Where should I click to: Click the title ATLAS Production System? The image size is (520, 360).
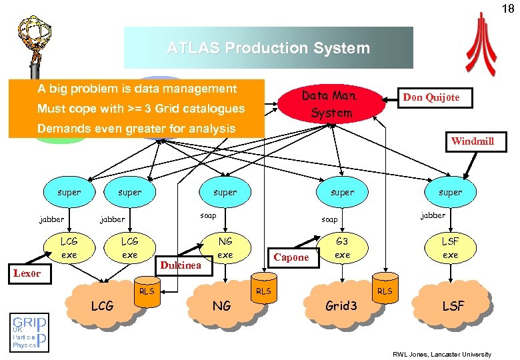point(268,48)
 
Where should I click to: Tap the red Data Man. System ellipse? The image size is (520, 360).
point(331,104)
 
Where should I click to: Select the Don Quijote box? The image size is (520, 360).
point(430,97)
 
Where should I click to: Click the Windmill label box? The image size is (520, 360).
point(472,141)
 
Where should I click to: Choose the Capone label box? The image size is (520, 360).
point(291,257)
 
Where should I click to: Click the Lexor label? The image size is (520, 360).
point(27,273)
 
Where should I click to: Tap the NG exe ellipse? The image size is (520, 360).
point(225,249)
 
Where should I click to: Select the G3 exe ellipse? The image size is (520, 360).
point(342,248)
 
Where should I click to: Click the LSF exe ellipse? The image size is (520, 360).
point(450,248)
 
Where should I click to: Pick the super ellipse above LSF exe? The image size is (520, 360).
point(450,192)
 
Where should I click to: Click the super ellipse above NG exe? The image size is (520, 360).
point(225,192)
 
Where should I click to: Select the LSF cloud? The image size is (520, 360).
point(453,305)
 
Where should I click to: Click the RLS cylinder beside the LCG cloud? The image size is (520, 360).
point(145,294)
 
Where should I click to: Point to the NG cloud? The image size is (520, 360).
point(222,305)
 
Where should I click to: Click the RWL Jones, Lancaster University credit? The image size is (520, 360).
point(441,354)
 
